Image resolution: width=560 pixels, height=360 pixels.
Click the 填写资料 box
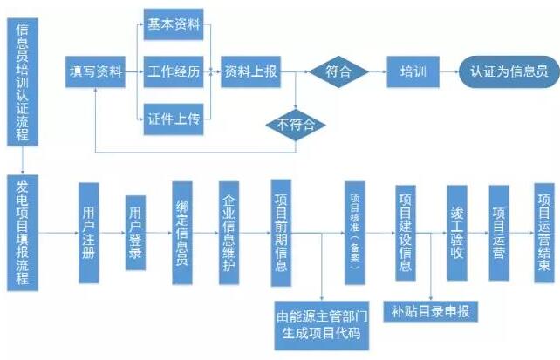coord(95,71)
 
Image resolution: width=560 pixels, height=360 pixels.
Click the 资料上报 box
coord(250,71)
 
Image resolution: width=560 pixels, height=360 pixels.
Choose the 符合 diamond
coord(331,71)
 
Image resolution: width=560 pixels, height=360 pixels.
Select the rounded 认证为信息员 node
coord(509,71)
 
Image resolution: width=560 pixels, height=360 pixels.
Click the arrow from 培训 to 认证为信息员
coord(447,71)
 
